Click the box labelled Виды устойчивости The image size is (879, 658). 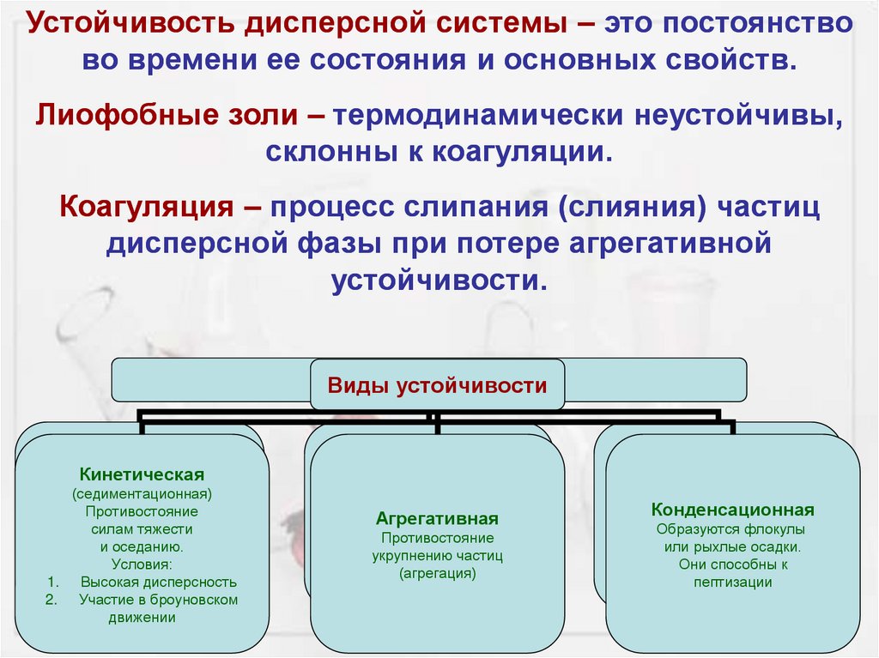click(x=437, y=385)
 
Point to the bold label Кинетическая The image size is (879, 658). click(x=142, y=474)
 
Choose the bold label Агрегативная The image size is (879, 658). click(x=437, y=519)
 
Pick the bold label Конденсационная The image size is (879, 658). click(x=732, y=510)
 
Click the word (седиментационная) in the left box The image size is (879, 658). click(x=142, y=494)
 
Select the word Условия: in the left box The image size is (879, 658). click(x=142, y=564)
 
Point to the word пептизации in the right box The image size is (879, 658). click(x=733, y=583)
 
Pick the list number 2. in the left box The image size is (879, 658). click(x=51, y=600)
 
